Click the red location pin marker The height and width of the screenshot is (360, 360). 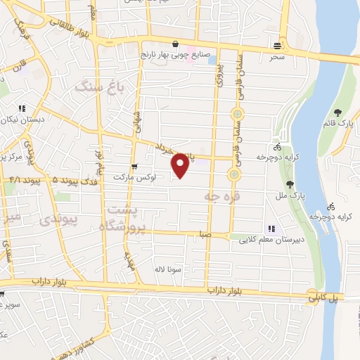[x=181, y=165]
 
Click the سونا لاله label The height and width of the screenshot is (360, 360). [x=170, y=268]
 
